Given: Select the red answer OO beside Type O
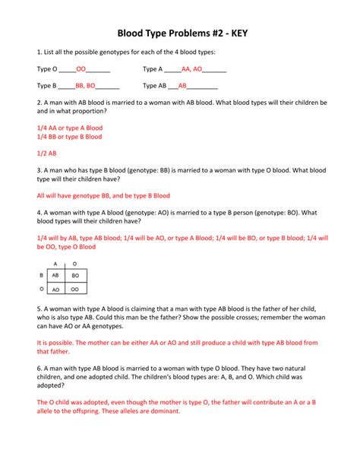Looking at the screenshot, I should (x=81, y=68).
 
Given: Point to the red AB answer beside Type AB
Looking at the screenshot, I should (x=182, y=86).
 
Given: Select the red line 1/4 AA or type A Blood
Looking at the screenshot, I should (x=69, y=128).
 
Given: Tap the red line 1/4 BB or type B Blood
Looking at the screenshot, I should (x=69, y=137).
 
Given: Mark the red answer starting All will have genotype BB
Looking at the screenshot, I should (x=103, y=195).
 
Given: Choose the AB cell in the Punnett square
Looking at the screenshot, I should (x=55, y=275).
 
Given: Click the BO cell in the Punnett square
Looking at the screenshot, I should (x=75, y=275).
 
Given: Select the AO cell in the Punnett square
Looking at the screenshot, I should (x=55, y=290).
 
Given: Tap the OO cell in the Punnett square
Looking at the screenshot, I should (x=75, y=290).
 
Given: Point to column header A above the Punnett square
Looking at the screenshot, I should (x=55, y=262).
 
